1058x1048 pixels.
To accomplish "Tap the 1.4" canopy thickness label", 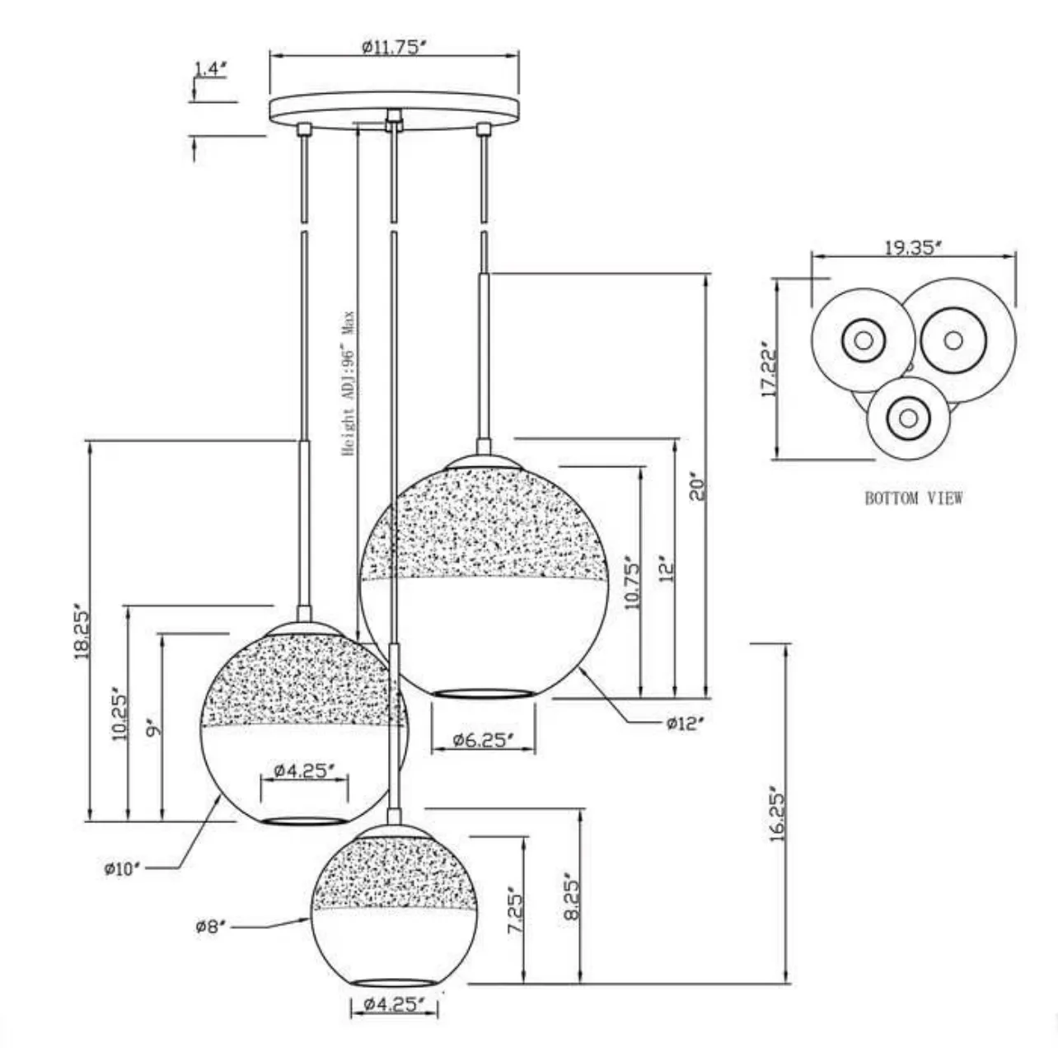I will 210,69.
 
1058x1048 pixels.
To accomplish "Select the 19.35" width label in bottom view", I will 913,247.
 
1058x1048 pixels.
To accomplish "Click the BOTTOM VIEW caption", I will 913,498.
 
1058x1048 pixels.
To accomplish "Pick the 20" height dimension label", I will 698,488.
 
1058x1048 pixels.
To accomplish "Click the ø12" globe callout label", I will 686,723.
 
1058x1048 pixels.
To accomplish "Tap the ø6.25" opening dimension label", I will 484,740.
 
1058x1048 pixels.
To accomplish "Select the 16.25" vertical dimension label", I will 778,812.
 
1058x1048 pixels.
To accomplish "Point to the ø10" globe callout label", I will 124,868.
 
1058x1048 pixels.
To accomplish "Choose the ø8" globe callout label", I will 211,927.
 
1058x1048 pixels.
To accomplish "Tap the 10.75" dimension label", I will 632,582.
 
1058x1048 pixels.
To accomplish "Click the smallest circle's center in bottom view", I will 908,418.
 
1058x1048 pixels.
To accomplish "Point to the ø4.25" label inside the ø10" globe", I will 304,771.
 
